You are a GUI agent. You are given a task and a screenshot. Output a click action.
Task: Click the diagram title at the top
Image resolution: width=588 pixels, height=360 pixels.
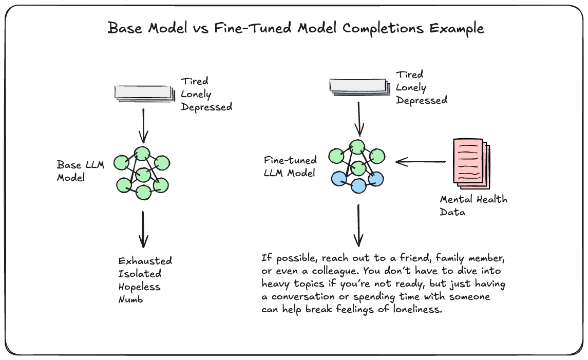click(x=295, y=28)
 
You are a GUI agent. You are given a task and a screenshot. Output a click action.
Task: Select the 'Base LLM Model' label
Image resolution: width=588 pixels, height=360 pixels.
click(x=80, y=171)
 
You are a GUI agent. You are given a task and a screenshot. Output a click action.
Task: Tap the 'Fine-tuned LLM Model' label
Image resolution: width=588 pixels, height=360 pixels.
click(x=290, y=166)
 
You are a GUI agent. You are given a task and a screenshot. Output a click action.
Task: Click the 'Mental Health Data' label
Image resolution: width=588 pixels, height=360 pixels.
click(x=473, y=205)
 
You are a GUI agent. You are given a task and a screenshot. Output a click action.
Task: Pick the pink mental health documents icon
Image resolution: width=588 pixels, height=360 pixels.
click(x=471, y=163)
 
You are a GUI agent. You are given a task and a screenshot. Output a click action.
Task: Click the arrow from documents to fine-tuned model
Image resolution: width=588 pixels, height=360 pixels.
click(x=421, y=162)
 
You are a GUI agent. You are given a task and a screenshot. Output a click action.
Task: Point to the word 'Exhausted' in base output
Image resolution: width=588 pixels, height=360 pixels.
click(x=145, y=260)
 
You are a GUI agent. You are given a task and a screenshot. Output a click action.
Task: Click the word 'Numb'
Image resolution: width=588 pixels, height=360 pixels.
click(x=130, y=299)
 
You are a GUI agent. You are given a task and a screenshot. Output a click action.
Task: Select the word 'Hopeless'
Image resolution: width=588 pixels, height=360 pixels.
click(x=139, y=287)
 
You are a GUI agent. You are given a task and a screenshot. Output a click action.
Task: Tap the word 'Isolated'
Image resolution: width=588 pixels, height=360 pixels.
click(x=140, y=273)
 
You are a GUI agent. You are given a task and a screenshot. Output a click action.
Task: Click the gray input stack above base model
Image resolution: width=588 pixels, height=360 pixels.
click(x=145, y=94)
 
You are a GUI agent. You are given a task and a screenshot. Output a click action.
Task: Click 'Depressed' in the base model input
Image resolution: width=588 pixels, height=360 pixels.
click(x=206, y=107)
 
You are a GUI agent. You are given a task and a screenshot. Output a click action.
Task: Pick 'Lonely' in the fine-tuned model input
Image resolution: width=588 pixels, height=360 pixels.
click(x=411, y=88)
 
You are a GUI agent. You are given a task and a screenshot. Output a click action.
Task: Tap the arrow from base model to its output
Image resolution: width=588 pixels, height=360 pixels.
click(x=143, y=229)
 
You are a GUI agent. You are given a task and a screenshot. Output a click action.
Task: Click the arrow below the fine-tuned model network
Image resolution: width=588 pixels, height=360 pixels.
click(x=358, y=225)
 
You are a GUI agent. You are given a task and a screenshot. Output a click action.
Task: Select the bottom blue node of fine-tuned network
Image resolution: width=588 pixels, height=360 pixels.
click(x=358, y=185)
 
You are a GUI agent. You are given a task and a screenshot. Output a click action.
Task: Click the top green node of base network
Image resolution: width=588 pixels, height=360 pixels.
click(x=142, y=154)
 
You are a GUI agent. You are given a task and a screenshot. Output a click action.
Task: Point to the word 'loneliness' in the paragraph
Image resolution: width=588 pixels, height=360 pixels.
click(x=418, y=309)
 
